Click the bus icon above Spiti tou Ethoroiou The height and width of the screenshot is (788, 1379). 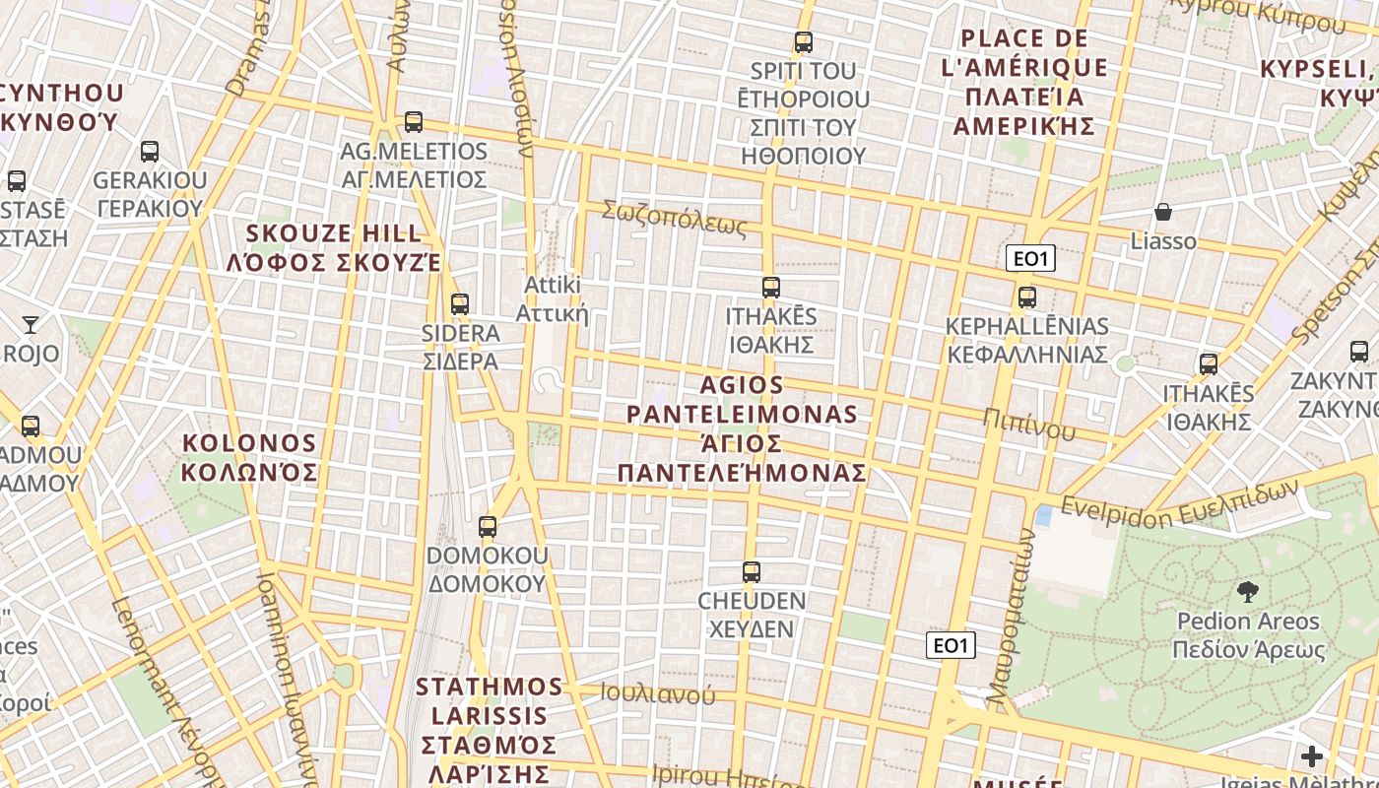804,42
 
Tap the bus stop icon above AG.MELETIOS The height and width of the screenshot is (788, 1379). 414,122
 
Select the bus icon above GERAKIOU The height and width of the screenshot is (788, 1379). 150,152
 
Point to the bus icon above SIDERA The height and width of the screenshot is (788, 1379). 460,304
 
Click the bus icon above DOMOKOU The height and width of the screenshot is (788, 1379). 488,527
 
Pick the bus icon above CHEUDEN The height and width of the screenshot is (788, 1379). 752,572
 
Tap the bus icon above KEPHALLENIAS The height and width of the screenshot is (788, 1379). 1027,297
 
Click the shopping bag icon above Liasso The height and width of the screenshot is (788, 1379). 1163,212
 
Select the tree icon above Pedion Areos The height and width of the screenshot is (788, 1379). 1248,592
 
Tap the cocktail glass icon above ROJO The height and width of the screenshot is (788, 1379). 31,324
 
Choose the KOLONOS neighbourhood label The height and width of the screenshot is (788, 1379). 250,458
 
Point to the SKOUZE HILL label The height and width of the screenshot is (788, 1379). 334,248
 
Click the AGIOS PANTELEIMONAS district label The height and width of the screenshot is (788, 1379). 743,428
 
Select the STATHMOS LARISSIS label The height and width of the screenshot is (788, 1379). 490,729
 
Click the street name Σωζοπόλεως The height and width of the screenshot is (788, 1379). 675,219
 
